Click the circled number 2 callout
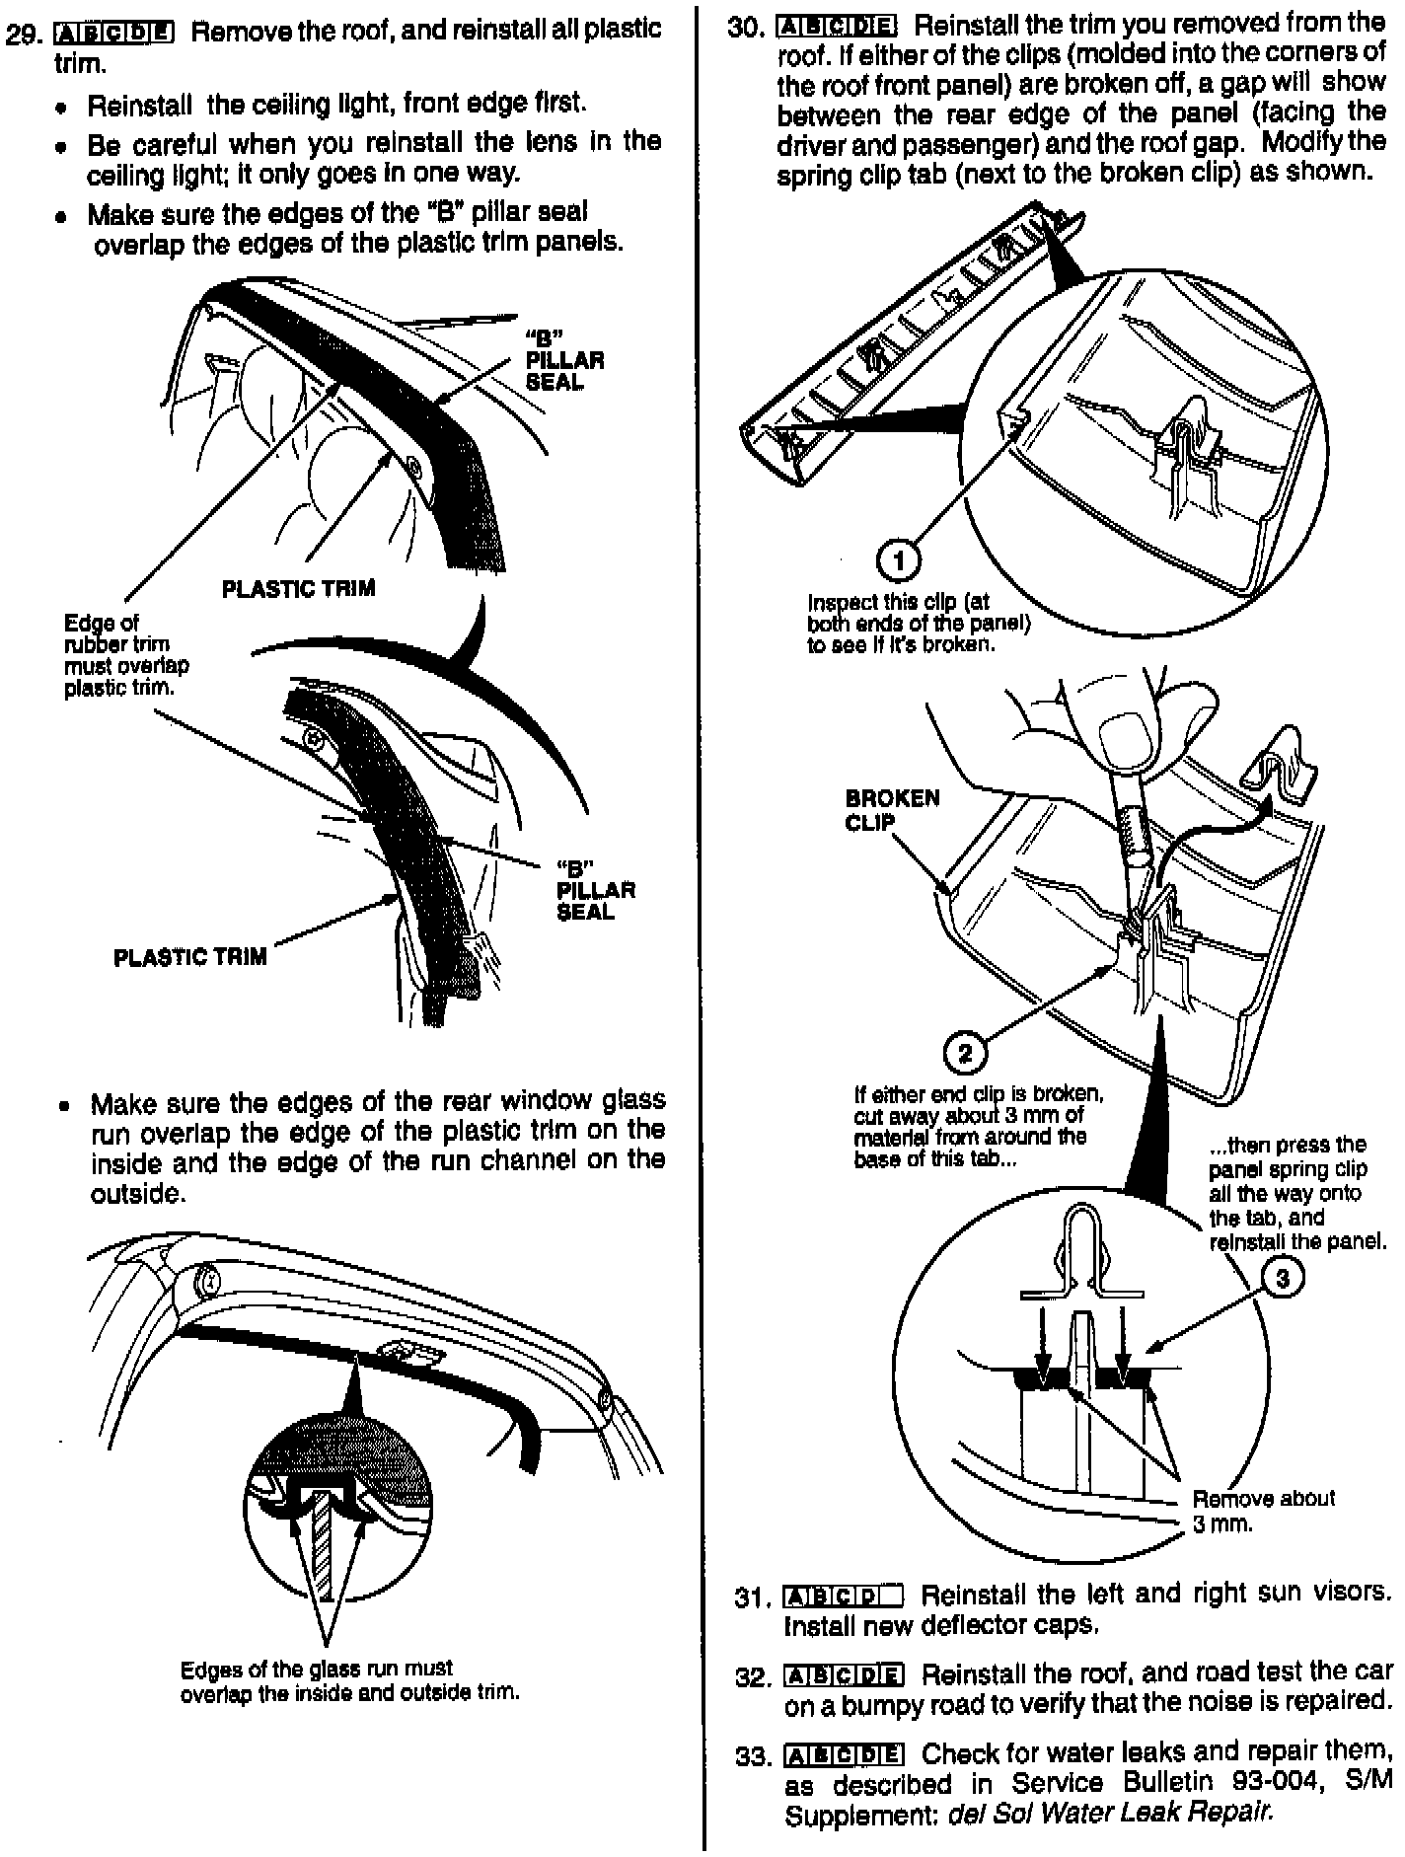click(x=965, y=1053)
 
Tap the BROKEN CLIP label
click(x=892, y=809)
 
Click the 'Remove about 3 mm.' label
click(x=1263, y=1511)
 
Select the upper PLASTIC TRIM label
click(x=298, y=589)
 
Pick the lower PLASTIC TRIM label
click(x=189, y=957)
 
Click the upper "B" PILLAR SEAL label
click(x=564, y=360)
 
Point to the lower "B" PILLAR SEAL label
click(x=595, y=890)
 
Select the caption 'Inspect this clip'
click(x=918, y=623)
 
